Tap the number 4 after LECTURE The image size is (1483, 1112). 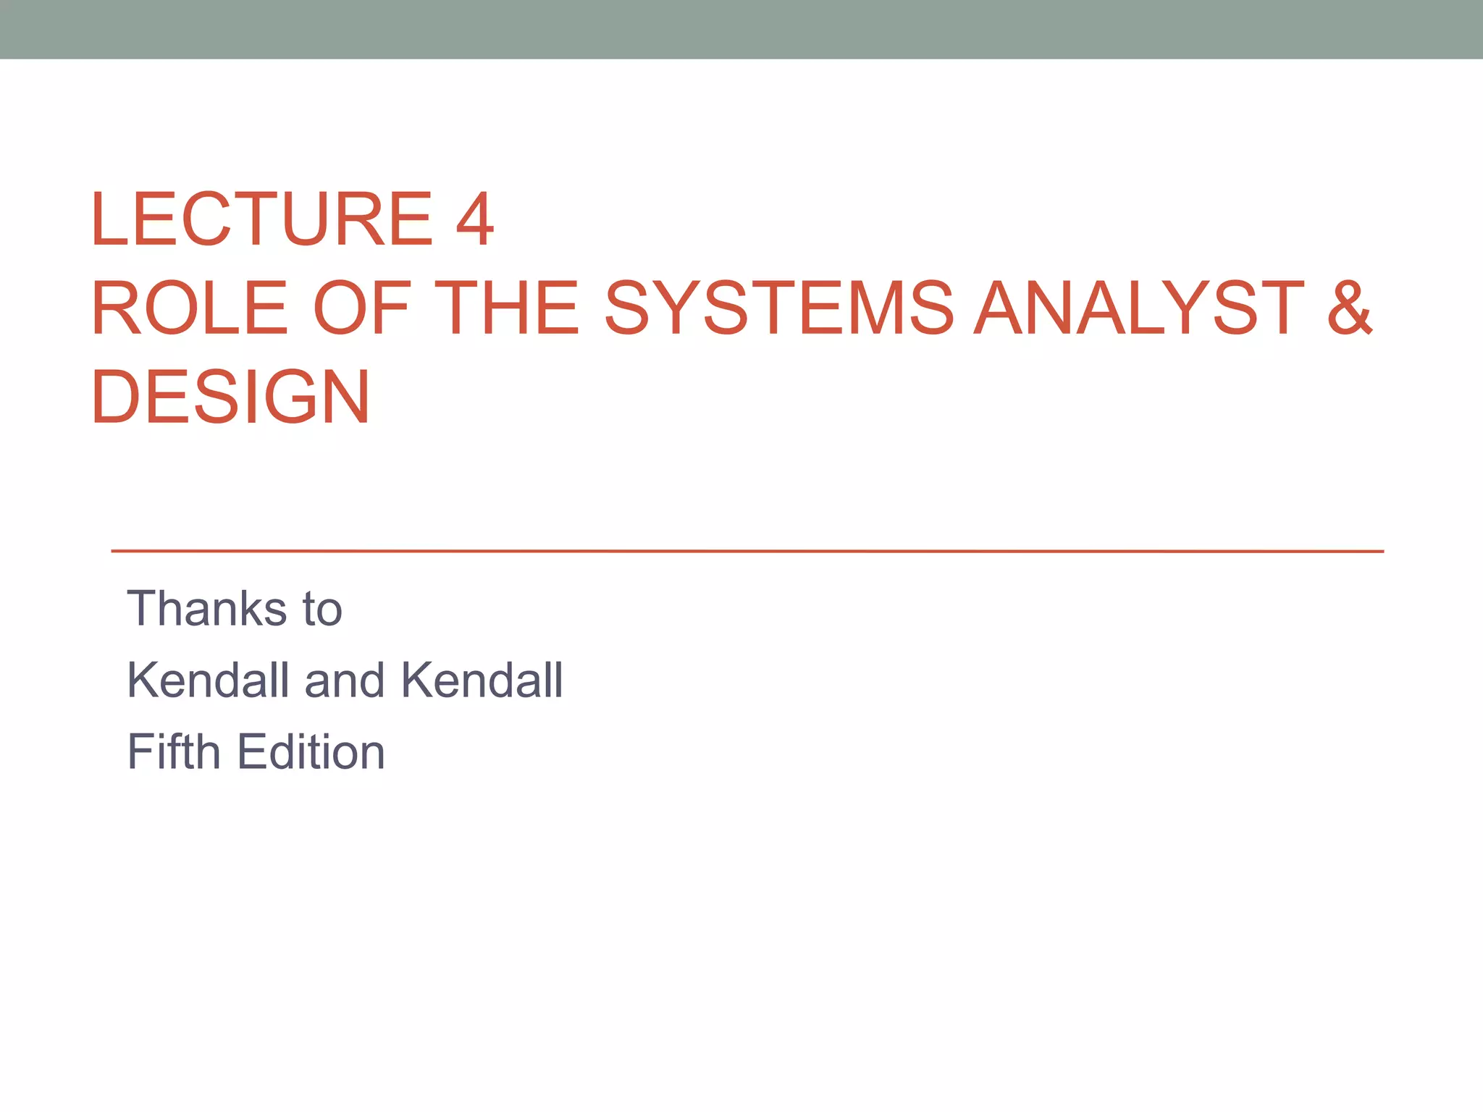(474, 219)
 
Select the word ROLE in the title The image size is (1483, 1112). (190, 308)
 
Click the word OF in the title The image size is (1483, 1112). (362, 308)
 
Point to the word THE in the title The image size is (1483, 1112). (507, 308)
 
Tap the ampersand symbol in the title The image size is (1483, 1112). (1350, 308)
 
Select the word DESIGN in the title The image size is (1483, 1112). (230, 397)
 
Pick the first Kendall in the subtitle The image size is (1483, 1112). (209, 680)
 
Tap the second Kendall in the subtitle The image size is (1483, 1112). (482, 680)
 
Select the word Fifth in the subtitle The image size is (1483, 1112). (174, 751)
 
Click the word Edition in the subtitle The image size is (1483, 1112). (311, 751)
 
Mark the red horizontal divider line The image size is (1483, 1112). (746, 551)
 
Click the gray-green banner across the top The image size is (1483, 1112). (741, 29)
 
